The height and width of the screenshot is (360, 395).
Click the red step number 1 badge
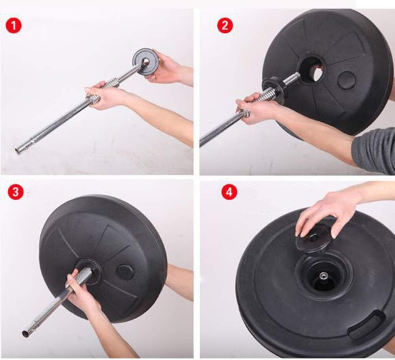[x=13, y=26]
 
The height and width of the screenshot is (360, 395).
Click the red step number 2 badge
[x=225, y=25]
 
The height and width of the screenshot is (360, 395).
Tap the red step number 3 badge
[x=16, y=192]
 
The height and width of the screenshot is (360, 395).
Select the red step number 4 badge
[x=229, y=192]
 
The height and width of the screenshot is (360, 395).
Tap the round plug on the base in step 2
[x=346, y=80]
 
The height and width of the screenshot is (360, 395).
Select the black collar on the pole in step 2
[x=273, y=90]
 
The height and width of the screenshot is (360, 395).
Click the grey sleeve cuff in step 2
[x=374, y=150]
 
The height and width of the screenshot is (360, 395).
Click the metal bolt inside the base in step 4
[x=322, y=276]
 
